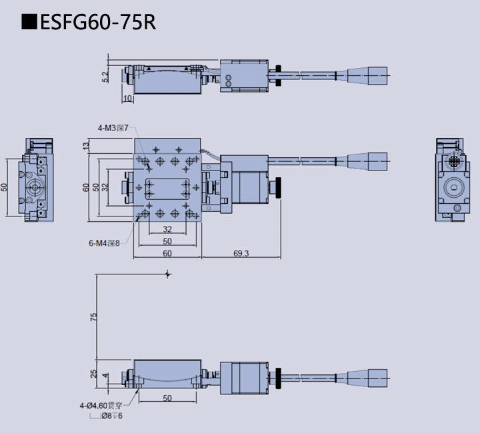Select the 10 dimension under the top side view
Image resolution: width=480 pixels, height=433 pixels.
point(128,99)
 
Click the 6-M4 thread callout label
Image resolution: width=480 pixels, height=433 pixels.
point(103,242)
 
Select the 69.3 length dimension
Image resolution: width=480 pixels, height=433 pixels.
point(241,253)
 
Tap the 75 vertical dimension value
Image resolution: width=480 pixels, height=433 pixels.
point(93,317)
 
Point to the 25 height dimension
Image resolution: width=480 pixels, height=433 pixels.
point(93,374)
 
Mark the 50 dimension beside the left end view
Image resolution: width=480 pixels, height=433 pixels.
point(4,187)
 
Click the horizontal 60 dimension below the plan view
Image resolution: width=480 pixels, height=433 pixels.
point(167,253)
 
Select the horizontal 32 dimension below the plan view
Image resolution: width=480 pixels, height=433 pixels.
point(167,230)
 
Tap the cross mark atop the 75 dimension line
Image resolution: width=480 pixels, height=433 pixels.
point(168,274)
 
